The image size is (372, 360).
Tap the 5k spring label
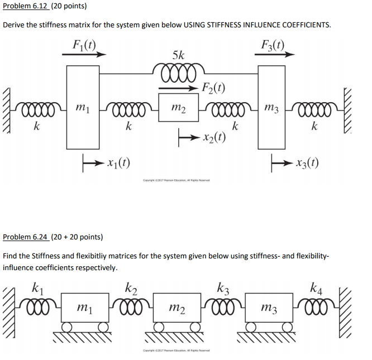point(179,55)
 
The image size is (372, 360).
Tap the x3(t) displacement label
point(307,164)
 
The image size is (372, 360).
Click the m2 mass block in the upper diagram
point(179,106)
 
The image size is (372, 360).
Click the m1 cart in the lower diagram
point(84,306)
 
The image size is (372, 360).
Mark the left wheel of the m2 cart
point(160,327)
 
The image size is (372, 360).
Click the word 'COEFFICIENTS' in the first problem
point(305,25)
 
